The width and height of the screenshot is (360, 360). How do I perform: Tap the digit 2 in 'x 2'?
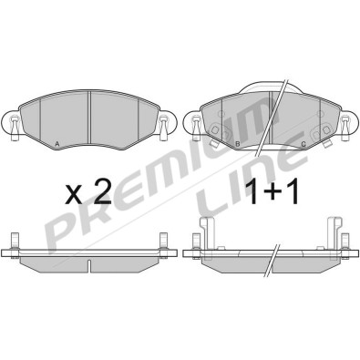(x=101, y=191)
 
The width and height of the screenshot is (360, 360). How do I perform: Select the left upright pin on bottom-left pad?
(x=15, y=241)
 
